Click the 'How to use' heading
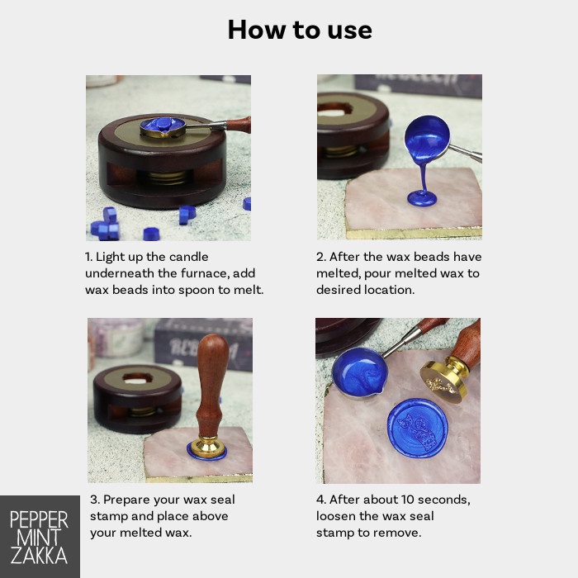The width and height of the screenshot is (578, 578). point(300,30)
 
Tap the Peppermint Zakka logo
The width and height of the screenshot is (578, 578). point(40,537)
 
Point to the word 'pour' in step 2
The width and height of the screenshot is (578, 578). point(377,274)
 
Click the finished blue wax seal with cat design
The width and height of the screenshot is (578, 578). point(417,428)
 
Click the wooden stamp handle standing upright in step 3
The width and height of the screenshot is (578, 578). point(211,384)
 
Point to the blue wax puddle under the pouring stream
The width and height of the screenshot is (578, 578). point(422,199)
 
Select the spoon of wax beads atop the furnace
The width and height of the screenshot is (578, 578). point(163,127)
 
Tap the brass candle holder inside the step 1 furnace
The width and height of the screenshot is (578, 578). point(168,177)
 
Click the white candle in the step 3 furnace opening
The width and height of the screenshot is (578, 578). point(137,379)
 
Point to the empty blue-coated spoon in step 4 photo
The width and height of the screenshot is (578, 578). point(360,372)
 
